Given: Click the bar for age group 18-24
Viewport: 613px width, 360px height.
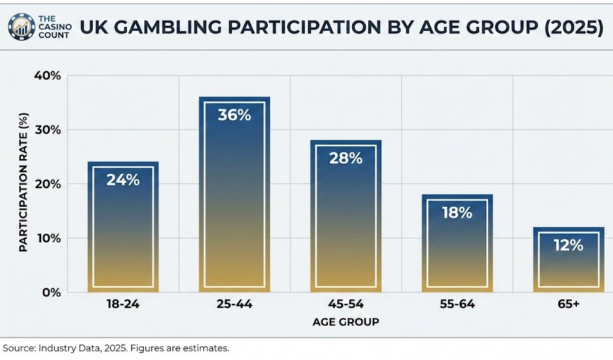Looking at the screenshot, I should (x=123, y=232).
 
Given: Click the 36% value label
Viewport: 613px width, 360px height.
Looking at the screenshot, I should (x=234, y=116).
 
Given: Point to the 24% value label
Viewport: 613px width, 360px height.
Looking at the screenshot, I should (x=123, y=180).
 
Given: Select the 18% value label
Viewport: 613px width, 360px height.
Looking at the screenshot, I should (x=457, y=213).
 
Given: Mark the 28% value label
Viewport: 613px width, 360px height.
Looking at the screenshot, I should (x=346, y=158).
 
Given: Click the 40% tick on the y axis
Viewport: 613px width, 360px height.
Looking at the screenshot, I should (x=47, y=76).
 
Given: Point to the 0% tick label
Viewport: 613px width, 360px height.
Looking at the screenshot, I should (x=52, y=292).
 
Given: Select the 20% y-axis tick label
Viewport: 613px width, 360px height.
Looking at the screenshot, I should (x=47, y=184).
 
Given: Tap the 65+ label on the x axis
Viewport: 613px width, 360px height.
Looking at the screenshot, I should (x=568, y=305).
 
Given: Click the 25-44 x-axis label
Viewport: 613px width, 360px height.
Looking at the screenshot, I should (x=234, y=305).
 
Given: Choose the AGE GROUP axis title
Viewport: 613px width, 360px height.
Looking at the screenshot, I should (x=346, y=321).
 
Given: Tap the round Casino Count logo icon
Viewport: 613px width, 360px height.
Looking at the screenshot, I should (x=21, y=26).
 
